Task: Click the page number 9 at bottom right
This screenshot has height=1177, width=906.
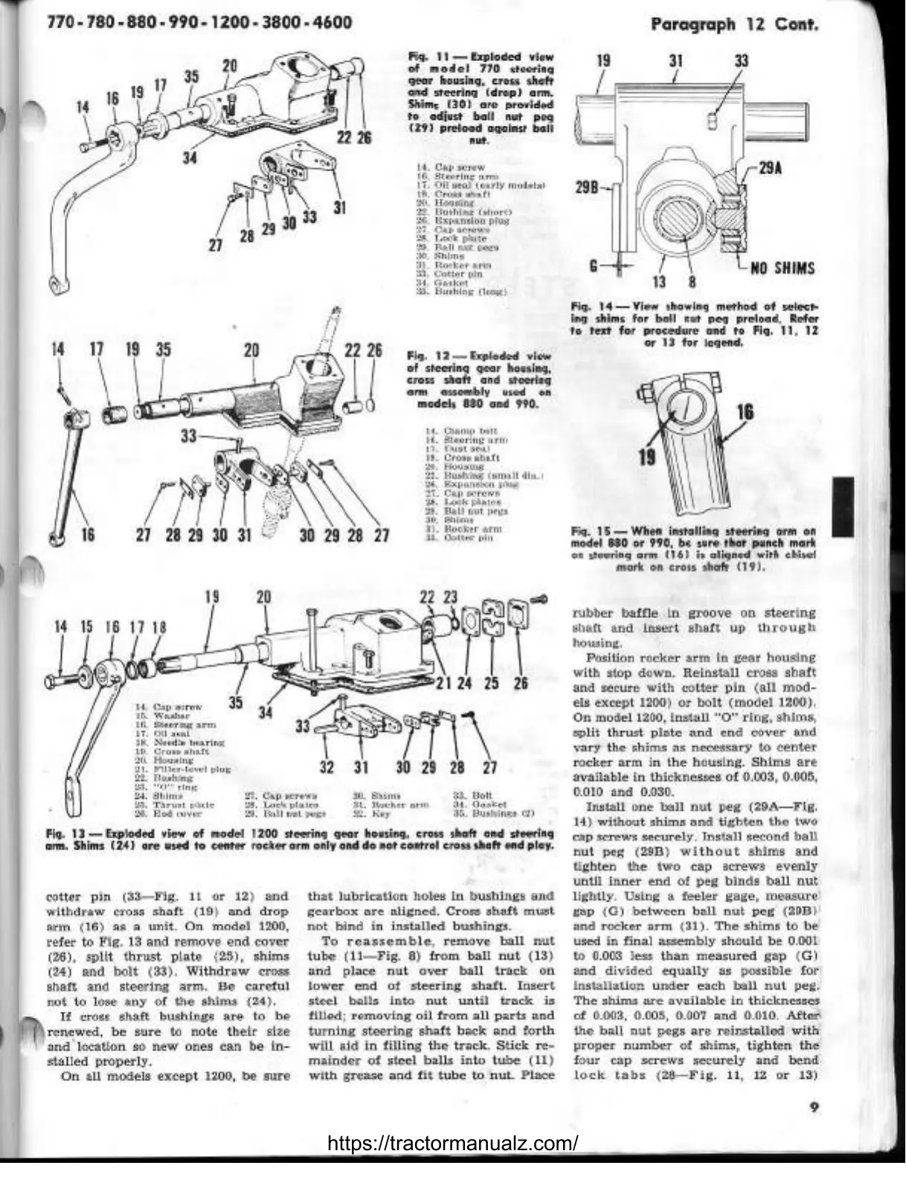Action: tap(815, 1107)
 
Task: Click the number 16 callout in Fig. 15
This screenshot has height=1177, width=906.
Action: tap(745, 412)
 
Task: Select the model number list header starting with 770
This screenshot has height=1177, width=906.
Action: tap(189, 22)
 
